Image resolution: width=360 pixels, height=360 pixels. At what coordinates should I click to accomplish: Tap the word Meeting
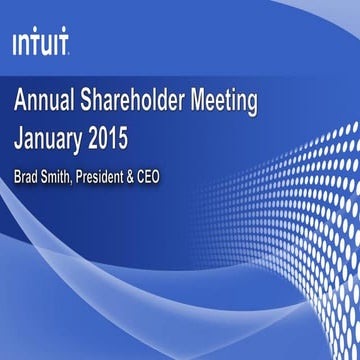226,102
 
